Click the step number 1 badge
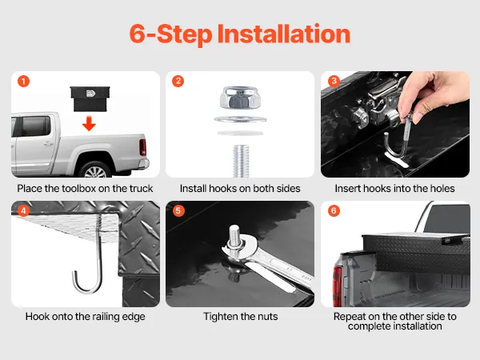pos(23,82)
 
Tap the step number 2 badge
pos(178,81)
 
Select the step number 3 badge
pos(334,81)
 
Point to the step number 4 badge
pos(23,210)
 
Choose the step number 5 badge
pos(178,210)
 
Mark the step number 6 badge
pos(334,210)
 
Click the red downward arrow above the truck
pos(89,123)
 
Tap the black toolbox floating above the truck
pos(90,98)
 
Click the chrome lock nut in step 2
pos(240,98)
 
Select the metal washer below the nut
pos(240,119)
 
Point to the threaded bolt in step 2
pos(241,161)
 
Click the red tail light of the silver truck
pos(142,147)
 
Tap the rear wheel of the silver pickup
pos(95,171)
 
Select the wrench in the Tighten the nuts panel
pos(270,263)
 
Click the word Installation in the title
pos(284,34)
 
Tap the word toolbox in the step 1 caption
pos(79,188)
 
